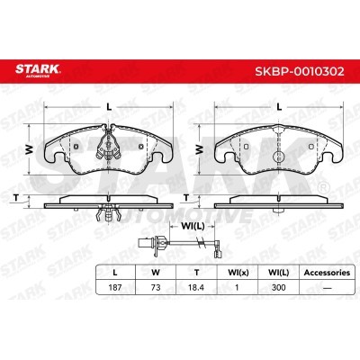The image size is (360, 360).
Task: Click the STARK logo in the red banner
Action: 38,69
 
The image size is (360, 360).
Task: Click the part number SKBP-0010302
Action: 300,71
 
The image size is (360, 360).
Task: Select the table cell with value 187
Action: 115,287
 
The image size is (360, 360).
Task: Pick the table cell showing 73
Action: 156,287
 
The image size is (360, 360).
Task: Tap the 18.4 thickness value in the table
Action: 196,287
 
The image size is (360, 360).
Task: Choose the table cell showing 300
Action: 278,287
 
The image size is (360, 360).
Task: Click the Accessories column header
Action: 327,273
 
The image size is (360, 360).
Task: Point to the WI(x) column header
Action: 238,273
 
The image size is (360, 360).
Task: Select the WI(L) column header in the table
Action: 278,273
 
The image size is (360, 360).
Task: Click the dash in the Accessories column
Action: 327,288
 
